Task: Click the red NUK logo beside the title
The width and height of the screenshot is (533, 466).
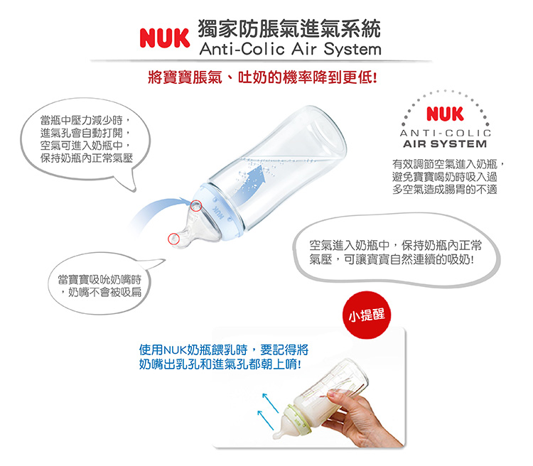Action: (165, 38)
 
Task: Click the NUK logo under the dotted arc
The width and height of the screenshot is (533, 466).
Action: (445, 114)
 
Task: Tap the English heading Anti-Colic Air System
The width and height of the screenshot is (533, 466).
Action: (290, 49)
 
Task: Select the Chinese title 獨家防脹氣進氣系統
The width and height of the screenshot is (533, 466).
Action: (289, 28)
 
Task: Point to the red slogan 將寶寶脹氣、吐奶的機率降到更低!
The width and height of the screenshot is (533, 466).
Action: (262, 77)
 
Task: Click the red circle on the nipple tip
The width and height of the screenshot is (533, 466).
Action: (173, 239)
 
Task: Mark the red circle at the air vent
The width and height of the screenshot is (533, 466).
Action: (196, 205)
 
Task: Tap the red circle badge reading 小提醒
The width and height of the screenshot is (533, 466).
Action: (367, 315)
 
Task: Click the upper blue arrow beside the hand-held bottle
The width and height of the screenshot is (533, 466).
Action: (271, 403)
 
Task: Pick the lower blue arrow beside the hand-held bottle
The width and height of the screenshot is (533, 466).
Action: (266, 420)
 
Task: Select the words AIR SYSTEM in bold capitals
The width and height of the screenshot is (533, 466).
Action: (445, 143)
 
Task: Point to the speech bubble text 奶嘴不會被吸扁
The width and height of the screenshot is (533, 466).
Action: (104, 292)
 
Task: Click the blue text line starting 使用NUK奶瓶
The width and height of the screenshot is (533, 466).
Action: (224, 349)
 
